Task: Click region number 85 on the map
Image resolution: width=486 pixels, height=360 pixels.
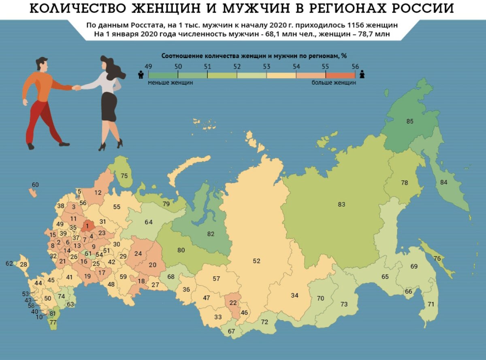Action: (410, 121)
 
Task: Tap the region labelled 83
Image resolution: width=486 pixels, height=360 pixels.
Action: (341, 204)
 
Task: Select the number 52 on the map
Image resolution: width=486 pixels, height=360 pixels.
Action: (256, 261)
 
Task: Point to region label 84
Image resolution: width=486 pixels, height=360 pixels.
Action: (444, 182)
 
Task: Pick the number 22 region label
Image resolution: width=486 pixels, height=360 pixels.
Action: (233, 303)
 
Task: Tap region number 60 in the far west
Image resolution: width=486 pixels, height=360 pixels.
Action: (35, 185)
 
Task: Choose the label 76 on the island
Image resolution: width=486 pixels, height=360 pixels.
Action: (437, 259)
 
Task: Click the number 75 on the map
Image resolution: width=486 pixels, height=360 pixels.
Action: (124, 176)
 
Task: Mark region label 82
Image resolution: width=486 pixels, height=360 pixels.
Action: (210, 234)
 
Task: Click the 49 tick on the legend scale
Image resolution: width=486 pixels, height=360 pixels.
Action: (148, 66)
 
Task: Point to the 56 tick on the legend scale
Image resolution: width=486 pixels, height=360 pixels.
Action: (355, 66)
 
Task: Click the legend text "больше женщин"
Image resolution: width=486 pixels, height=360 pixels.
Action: (334, 83)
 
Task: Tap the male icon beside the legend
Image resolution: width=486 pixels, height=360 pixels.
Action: (141, 75)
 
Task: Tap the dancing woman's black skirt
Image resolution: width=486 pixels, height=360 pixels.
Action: (109, 106)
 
